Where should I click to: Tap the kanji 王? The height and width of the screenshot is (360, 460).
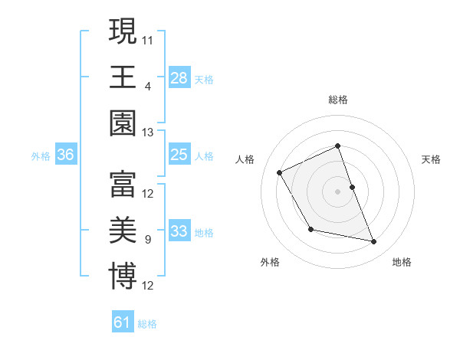(123, 77)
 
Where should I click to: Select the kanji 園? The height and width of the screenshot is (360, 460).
(123, 123)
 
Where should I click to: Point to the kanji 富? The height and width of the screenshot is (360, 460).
(123, 183)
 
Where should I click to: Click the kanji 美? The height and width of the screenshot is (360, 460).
(123, 231)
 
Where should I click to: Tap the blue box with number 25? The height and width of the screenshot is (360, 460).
(179, 155)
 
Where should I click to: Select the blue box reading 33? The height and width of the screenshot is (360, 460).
(179, 231)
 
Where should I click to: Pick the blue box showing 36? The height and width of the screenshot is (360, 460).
(66, 155)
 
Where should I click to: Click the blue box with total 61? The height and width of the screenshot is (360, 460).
(123, 322)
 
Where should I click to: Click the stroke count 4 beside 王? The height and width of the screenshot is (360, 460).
(147, 86)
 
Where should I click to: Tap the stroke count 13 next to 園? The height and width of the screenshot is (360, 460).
(149, 133)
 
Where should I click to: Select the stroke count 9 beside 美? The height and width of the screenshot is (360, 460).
(147, 240)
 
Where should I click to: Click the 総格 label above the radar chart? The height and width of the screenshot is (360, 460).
(338, 100)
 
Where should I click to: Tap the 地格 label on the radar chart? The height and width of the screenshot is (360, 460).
(402, 262)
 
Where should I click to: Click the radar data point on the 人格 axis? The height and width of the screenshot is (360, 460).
(280, 172)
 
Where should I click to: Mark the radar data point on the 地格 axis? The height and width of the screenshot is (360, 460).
(374, 242)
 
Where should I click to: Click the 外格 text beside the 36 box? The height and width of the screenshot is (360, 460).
(41, 155)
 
